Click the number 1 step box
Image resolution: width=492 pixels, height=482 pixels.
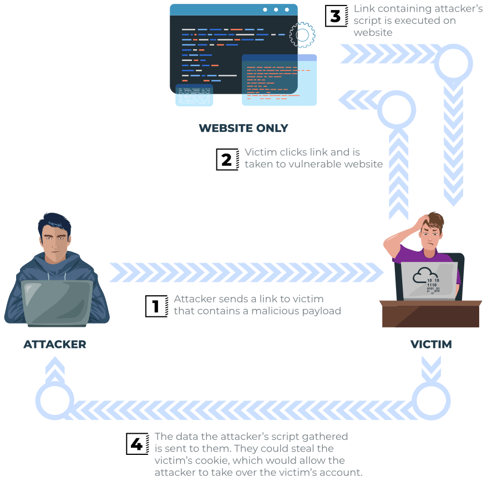[x=156, y=306]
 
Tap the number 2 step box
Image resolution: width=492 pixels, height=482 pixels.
[x=227, y=159]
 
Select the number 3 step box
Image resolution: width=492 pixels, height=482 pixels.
[x=336, y=16]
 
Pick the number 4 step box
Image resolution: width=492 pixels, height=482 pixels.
[x=138, y=443]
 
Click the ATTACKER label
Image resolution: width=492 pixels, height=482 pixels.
[x=54, y=345]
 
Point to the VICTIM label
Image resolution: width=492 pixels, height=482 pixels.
[x=431, y=345]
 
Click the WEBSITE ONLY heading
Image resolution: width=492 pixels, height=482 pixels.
[x=244, y=128]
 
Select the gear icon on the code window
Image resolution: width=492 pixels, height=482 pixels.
[x=302, y=35]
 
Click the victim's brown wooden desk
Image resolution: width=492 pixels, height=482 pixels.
[x=430, y=314]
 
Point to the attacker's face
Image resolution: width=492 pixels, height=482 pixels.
[x=55, y=243]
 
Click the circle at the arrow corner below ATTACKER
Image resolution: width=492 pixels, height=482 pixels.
[x=54, y=401]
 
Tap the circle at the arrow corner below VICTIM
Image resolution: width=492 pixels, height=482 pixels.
[x=431, y=401]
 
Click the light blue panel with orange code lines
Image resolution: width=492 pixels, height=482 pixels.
[x=279, y=80]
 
